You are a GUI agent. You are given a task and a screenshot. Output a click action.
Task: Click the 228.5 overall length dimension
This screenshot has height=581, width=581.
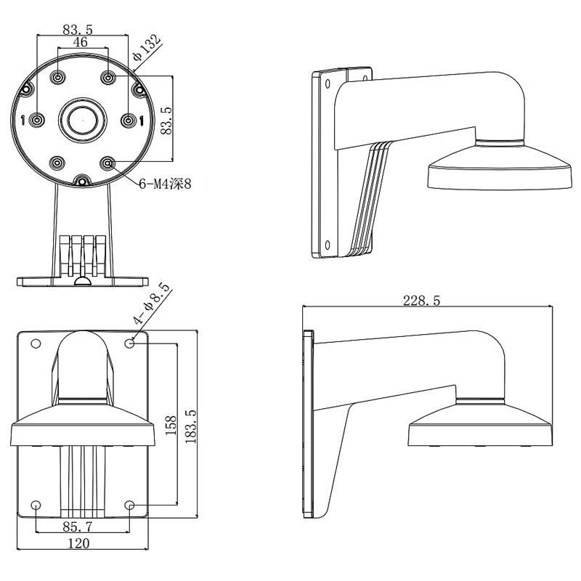[x=421, y=300]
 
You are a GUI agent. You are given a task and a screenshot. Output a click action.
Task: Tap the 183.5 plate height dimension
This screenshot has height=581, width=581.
[x=190, y=427]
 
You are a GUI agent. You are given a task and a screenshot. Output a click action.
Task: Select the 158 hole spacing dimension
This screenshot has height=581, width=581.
[x=171, y=426]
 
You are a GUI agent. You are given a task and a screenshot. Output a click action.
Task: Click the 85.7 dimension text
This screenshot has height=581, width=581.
[x=78, y=526]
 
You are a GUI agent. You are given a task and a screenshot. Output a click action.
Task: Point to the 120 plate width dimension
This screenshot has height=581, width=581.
[x=79, y=543]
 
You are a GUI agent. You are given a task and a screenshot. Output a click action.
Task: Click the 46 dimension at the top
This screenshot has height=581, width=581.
[x=80, y=42]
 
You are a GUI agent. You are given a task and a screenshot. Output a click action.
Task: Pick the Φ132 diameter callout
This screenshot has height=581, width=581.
[x=147, y=48]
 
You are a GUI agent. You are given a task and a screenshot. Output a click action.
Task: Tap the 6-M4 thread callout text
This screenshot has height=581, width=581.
[x=165, y=184]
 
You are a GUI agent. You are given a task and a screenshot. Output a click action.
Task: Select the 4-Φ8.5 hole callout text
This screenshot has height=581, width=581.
[x=151, y=304]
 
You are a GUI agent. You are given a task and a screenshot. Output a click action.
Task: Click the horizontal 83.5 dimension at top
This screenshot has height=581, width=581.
[x=78, y=30]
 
